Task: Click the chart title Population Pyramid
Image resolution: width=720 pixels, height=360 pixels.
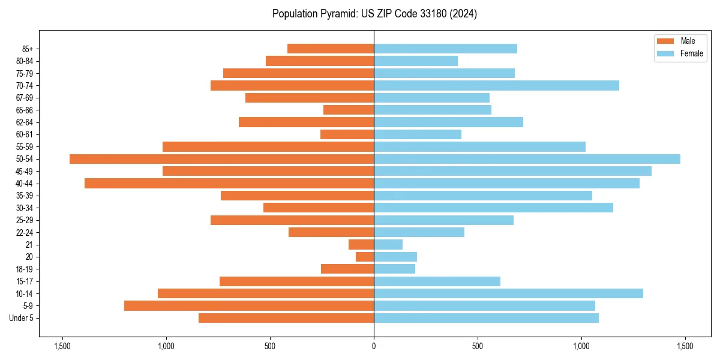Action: point(374,14)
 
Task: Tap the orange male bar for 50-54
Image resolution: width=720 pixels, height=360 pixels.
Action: point(221,159)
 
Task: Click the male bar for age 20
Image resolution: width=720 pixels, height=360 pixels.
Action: point(365,257)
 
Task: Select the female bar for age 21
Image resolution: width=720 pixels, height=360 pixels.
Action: point(388,244)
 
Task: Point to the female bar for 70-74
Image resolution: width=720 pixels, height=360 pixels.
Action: point(496,85)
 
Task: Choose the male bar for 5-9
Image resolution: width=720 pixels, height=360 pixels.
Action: point(249,306)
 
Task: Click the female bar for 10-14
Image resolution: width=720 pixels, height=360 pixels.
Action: point(508,293)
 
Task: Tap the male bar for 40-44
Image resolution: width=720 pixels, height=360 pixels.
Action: point(229,184)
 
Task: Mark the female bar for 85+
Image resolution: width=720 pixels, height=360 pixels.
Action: point(445,49)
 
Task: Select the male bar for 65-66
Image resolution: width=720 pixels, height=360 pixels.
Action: point(349,110)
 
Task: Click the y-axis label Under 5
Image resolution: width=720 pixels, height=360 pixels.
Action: point(22,318)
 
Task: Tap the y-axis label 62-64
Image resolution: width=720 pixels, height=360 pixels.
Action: point(25,122)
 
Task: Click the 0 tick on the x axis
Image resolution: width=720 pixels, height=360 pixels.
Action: point(374,346)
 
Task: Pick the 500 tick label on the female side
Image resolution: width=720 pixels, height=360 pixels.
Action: point(478,346)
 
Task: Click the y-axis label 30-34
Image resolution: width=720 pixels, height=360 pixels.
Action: point(25,208)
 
